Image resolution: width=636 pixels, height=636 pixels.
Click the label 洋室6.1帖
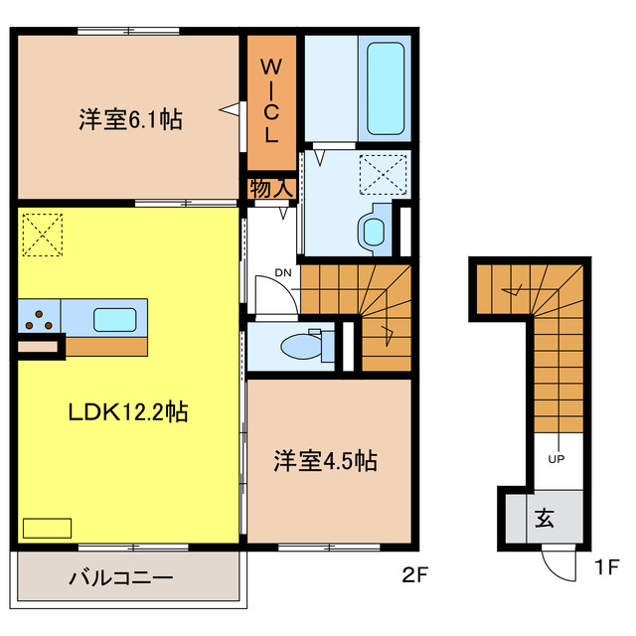click(129, 120)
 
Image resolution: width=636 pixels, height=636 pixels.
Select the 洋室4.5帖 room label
click(325, 461)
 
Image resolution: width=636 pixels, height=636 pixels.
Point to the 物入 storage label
click(270, 188)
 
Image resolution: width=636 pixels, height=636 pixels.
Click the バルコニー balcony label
click(121, 577)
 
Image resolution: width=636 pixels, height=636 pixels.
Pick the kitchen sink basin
click(115, 319)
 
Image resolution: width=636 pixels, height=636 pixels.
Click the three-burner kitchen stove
click(41, 319)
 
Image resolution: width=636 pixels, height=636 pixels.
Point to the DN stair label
click(283, 273)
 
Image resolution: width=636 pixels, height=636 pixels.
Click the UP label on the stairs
click(557, 459)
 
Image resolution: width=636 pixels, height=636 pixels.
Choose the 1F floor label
click(607, 568)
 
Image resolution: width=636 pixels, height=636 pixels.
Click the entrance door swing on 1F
click(558, 565)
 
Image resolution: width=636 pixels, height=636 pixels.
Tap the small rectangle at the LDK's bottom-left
click(48, 528)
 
